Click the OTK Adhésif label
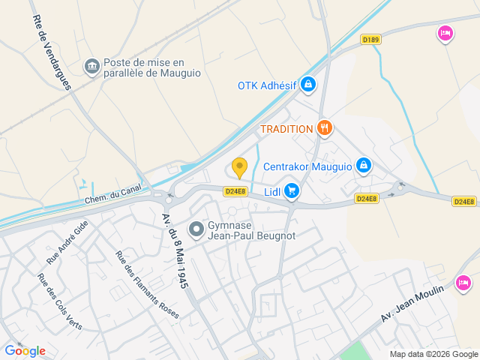pos(267,85)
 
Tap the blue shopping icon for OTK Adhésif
pos(307,85)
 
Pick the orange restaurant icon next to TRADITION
pos(325,128)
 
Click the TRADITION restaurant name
pos(286,129)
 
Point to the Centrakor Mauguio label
pos(307,165)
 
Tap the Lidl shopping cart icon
pos(292,192)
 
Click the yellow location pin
pos(239,168)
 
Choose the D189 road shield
pos(370,40)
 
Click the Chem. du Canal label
pos(112,195)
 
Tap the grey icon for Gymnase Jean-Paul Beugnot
pos(196,229)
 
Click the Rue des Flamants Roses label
pos(147,284)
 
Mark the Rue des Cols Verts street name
pos(60,301)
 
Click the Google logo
pos(25,350)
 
